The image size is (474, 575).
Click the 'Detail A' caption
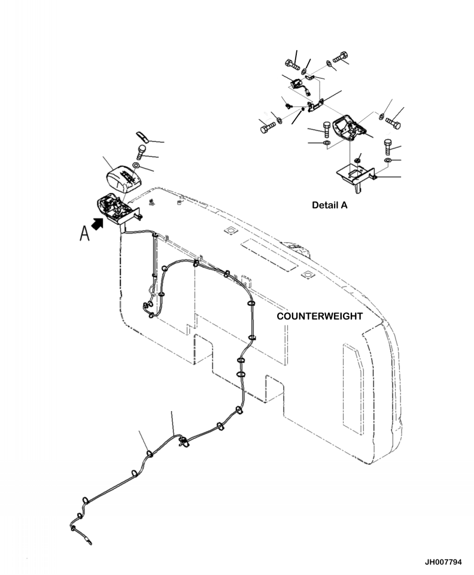click(329, 205)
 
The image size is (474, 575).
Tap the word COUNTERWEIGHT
click(320, 316)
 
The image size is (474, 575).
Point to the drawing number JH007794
click(443, 562)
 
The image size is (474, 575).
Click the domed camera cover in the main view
click(123, 176)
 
